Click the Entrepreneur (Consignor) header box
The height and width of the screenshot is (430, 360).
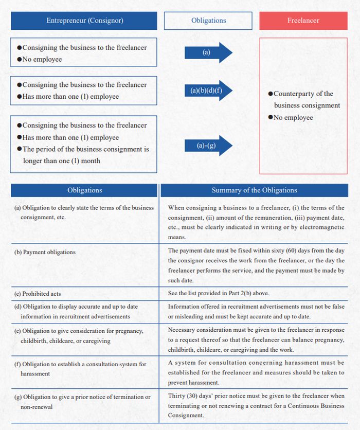(84, 21)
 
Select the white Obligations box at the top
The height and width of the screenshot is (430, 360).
(208, 21)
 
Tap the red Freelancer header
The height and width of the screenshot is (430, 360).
(303, 21)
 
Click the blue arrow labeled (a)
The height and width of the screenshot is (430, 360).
(208, 52)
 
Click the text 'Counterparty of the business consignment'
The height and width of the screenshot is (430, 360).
(307, 99)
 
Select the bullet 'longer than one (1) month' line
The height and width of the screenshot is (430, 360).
(62, 160)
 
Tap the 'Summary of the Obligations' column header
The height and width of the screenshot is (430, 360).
(254, 190)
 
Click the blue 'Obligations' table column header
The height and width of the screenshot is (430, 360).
(84, 190)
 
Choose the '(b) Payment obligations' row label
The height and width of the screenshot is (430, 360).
(45, 252)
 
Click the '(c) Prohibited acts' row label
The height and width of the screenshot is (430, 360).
(38, 294)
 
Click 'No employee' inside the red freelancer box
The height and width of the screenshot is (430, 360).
(293, 117)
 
